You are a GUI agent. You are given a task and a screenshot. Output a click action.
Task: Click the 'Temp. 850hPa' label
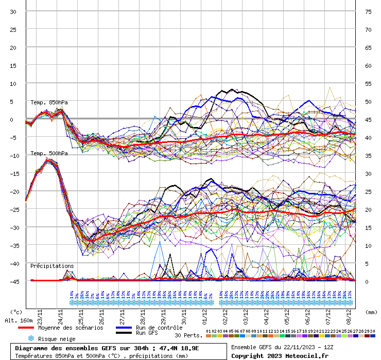coord(49,102)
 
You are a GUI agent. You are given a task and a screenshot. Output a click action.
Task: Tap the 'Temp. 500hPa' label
coord(49,153)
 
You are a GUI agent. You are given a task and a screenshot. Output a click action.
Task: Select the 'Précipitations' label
coord(52,266)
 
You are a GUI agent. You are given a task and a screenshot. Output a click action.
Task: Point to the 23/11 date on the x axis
coord(40,313)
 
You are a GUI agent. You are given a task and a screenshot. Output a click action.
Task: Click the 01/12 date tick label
coord(204,313)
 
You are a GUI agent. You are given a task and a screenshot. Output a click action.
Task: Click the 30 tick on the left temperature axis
coord(13,12)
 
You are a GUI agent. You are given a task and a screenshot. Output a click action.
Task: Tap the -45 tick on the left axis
coord(13,281)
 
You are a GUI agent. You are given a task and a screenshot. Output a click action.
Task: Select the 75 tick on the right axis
coord(368,12)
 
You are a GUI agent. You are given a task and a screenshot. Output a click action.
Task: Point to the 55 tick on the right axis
coord(368,83)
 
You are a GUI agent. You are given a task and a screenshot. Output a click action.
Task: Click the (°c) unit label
coord(16,312)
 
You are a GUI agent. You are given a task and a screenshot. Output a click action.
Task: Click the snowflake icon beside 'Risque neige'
coord(31,338)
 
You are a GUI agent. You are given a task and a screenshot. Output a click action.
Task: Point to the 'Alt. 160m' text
coord(19,320)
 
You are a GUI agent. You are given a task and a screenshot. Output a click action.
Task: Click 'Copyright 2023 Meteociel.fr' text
coord(280,355)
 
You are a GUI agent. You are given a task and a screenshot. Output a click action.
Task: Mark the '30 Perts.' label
coord(188,335)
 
